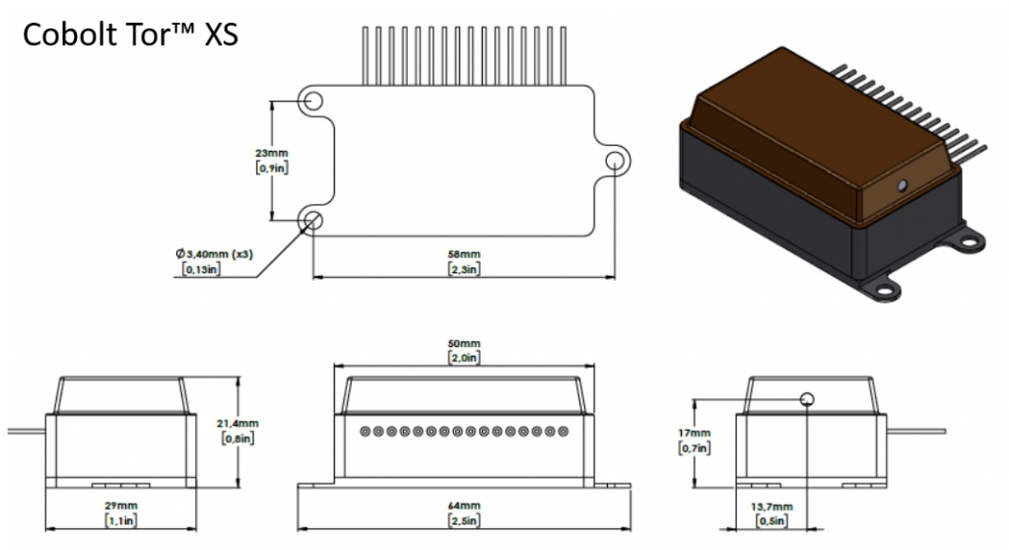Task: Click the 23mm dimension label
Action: [271, 154]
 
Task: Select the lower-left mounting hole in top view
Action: [314, 220]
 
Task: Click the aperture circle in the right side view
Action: [807, 398]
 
